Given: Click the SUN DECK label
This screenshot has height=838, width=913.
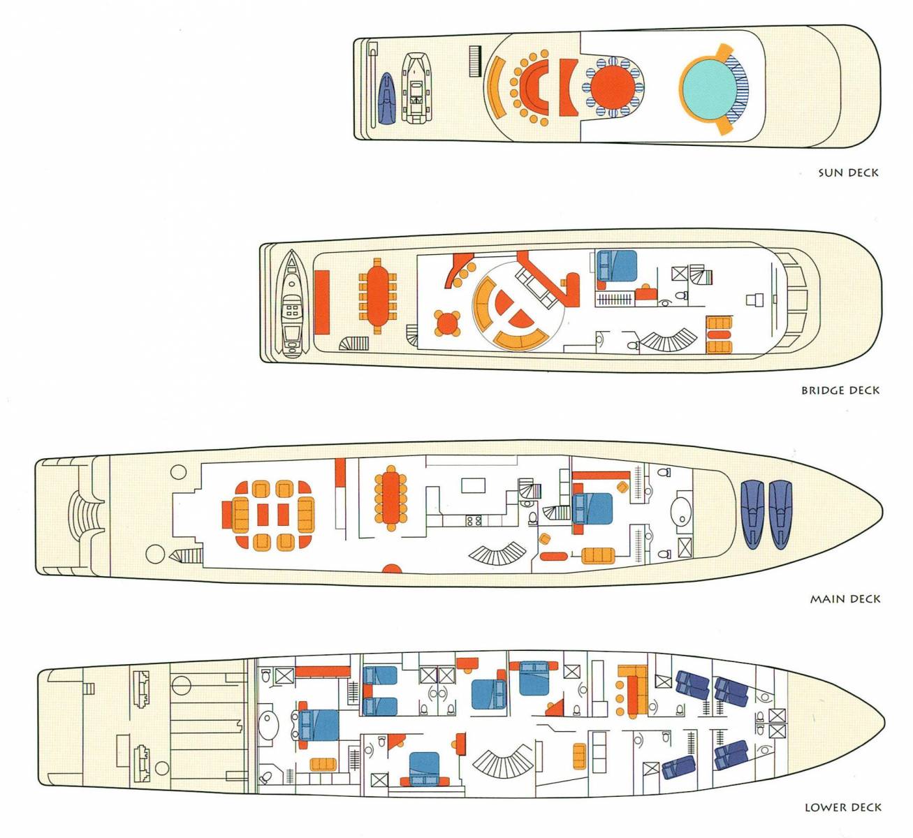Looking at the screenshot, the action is [x=848, y=172].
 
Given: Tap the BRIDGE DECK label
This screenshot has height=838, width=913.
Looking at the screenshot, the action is [x=840, y=390].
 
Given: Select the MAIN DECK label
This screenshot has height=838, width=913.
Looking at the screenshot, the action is [x=845, y=599].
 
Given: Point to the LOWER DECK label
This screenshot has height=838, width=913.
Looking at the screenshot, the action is [x=842, y=807].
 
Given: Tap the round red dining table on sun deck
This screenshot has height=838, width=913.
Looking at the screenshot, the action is [x=613, y=87].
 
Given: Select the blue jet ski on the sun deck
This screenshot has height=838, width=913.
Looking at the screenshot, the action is [x=386, y=98].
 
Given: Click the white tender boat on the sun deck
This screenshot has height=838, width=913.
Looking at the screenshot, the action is [x=416, y=88].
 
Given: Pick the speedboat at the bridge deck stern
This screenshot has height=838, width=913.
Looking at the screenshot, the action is [x=291, y=304].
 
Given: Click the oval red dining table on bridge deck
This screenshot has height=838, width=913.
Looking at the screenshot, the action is [x=377, y=296].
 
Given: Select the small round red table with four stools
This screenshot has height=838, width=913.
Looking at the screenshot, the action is [x=447, y=323].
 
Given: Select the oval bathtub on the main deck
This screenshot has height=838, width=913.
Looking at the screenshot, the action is [x=681, y=516].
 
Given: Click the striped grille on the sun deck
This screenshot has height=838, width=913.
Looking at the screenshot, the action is [x=475, y=61].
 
